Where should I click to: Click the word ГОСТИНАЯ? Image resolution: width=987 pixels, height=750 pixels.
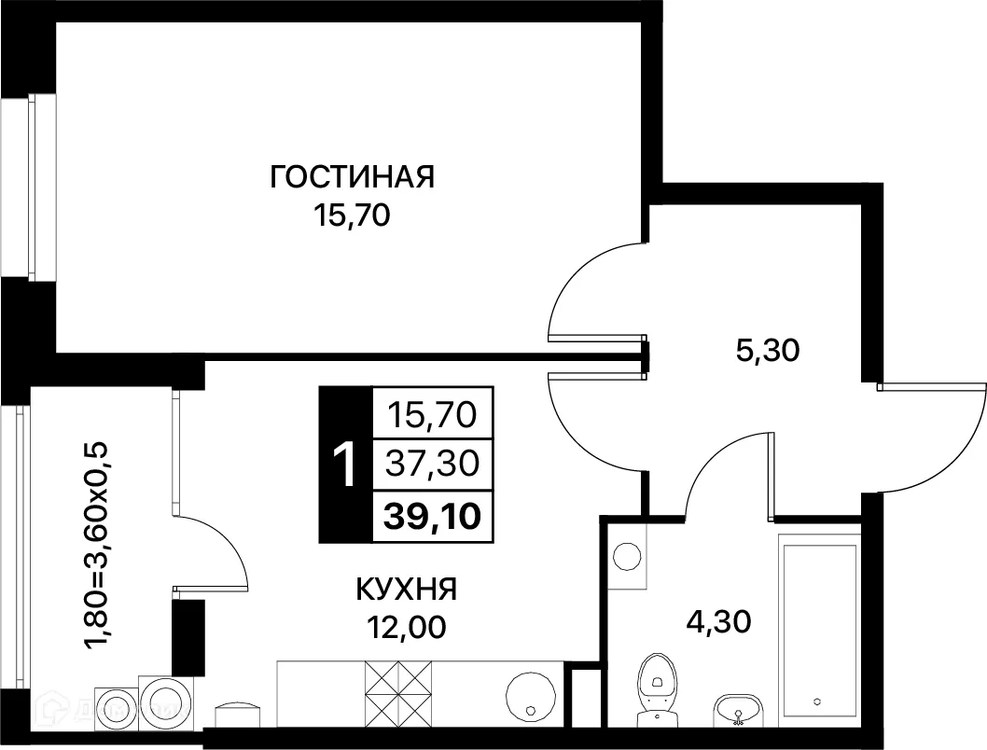(353, 176)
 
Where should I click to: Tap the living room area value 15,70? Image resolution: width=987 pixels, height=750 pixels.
(353, 216)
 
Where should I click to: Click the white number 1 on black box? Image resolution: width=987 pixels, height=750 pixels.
(345, 465)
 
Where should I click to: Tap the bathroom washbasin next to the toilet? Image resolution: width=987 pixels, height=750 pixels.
(738, 709)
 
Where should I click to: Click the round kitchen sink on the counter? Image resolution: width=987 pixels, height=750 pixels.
(532, 694)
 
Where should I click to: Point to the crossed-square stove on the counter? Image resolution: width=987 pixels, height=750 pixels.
(400, 694)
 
